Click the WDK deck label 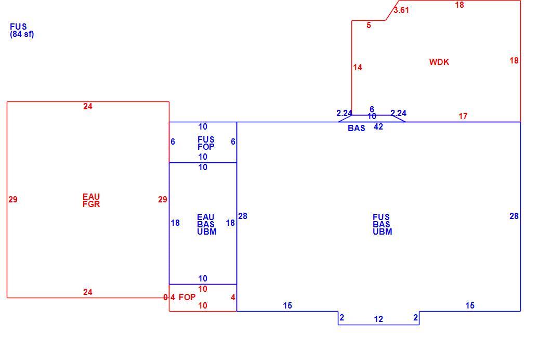(x=439, y=62)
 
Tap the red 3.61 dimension (x=401, y=10)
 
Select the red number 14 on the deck (x=358, y=68)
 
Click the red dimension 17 (x=463, y=116)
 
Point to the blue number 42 (x=378, y=126)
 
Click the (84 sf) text (x=22, y=34)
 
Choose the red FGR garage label (x=91, y=204)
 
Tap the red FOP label (x=187, y=298)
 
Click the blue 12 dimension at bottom (x=378, y=319)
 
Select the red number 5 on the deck (x=369, y=25)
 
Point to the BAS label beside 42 (x=356, y=128)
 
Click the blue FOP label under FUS (x=206, y=147)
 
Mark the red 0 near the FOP (x=165, y=298)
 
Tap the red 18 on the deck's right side (x=514, y=61)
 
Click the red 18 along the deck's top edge (x=460, y=5)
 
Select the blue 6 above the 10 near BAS (x=372, y=109)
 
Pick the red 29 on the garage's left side (x=13, y=200)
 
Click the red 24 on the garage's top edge (x=88, y=106)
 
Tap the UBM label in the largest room (x=383, y=232)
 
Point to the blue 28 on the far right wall (x=514, y=216)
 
